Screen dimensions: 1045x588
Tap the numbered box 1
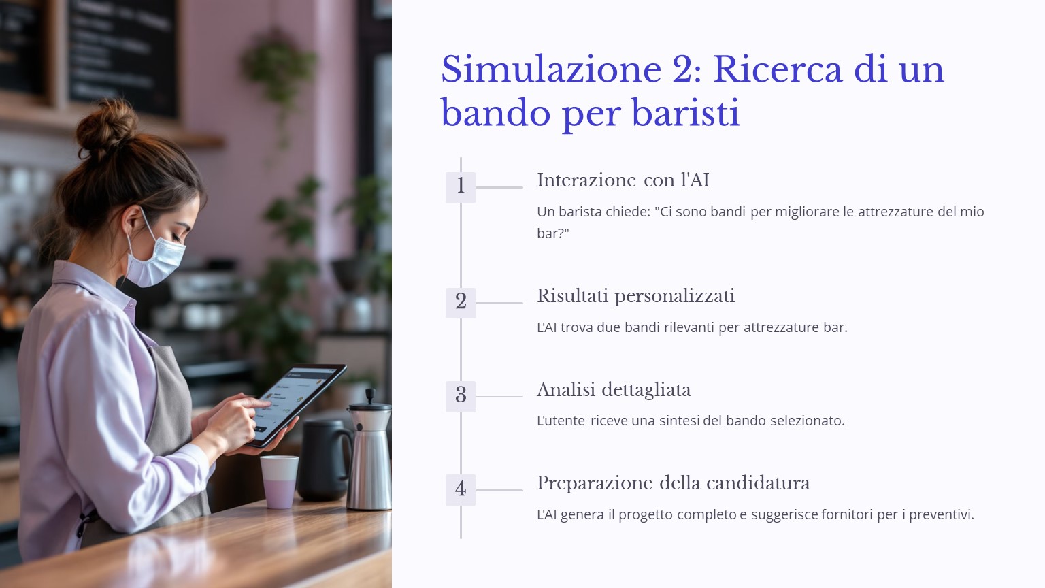coord(461,187)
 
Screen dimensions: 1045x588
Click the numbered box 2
coord(461,303)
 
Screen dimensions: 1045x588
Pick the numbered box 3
coord(461,397)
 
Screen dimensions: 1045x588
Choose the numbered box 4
coord(461,490)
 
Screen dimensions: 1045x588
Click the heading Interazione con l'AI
coord(623,180)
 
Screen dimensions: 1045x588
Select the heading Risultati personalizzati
coord(636,296)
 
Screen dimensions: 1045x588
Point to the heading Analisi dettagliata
coord(614,390)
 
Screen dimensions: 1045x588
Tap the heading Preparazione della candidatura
coord(673,483)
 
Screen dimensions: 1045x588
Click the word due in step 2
coord(608,327)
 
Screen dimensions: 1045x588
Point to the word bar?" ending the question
coord(553,233)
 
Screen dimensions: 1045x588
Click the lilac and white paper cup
coord(280,482)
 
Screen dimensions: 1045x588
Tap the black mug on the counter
coord(325,459)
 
